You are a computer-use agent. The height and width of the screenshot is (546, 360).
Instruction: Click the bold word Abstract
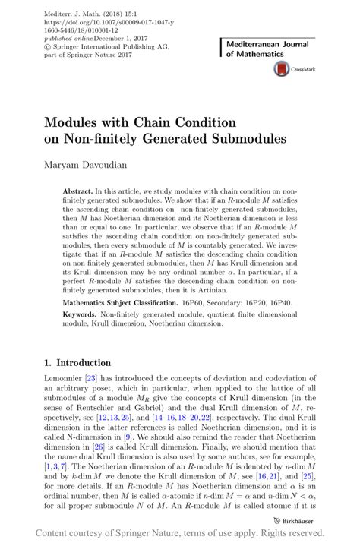[77, 191]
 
